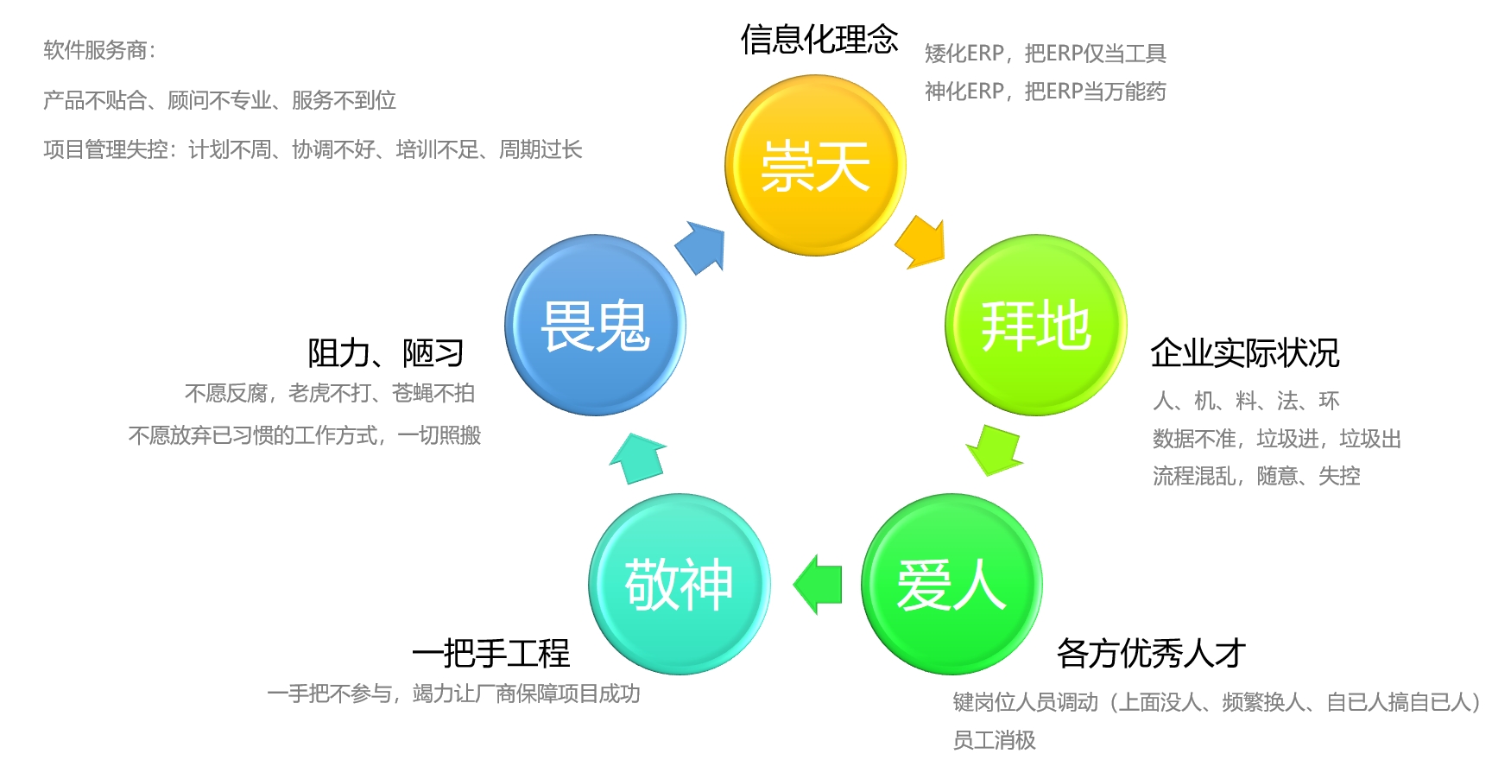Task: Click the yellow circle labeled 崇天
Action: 815,165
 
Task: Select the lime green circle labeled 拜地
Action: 1035,325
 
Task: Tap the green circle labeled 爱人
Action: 951,584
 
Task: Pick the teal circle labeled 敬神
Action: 679,584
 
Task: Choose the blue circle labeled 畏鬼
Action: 595,325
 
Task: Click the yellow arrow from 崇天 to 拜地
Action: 921,242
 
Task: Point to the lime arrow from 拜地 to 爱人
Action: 994,449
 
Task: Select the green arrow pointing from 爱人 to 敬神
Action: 818,584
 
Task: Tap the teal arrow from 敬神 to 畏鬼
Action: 638,458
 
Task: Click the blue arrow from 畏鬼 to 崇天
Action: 699,247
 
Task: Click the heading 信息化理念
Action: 819,40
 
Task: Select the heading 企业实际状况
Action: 1244,352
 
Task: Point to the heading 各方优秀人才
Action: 1151,653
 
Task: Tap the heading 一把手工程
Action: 490,653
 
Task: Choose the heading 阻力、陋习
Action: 386,352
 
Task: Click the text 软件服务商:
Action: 100,50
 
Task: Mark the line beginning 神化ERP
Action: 1045,92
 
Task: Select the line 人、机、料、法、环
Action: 1246,401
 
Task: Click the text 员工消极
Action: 994,739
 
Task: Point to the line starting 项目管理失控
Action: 313,150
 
